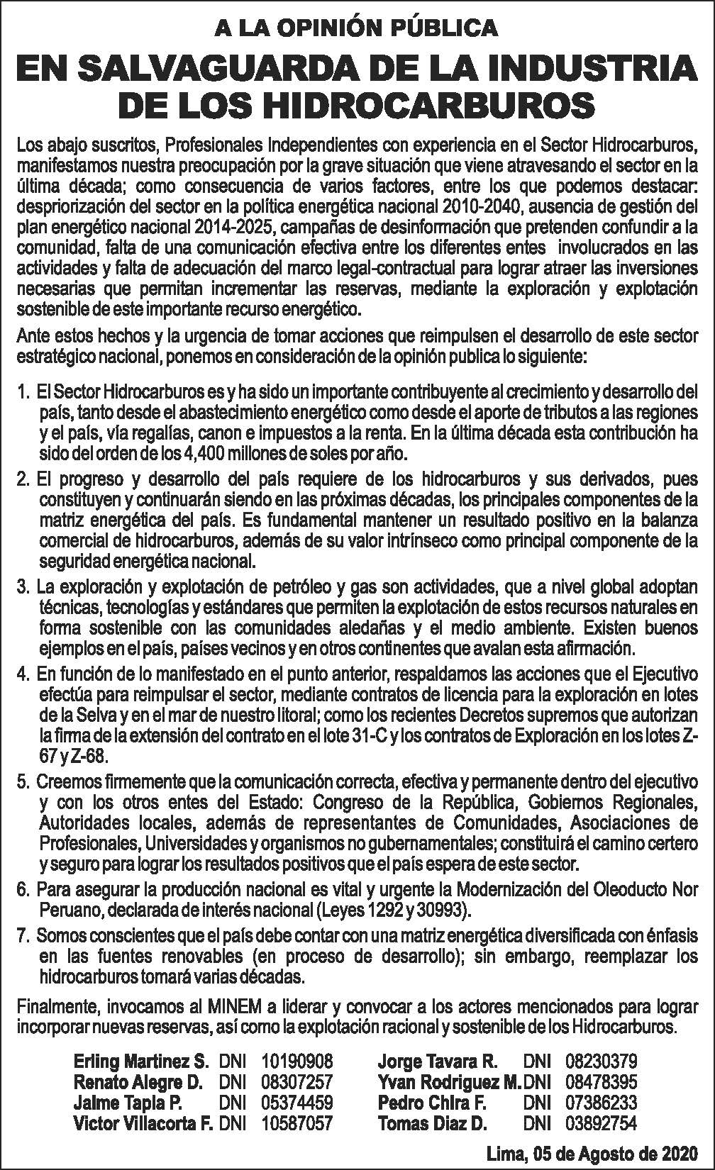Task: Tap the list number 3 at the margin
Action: click(23, 588)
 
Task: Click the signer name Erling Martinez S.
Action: click(140, 1062)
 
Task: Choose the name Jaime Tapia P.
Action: click(128, 1103)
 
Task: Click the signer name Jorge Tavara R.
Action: click(438, 1062)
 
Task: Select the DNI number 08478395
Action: click(601, 1082)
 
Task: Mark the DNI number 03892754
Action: click(601, 1123)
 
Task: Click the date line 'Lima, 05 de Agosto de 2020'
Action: click(592, 1154)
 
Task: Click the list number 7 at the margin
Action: click(23, 936)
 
